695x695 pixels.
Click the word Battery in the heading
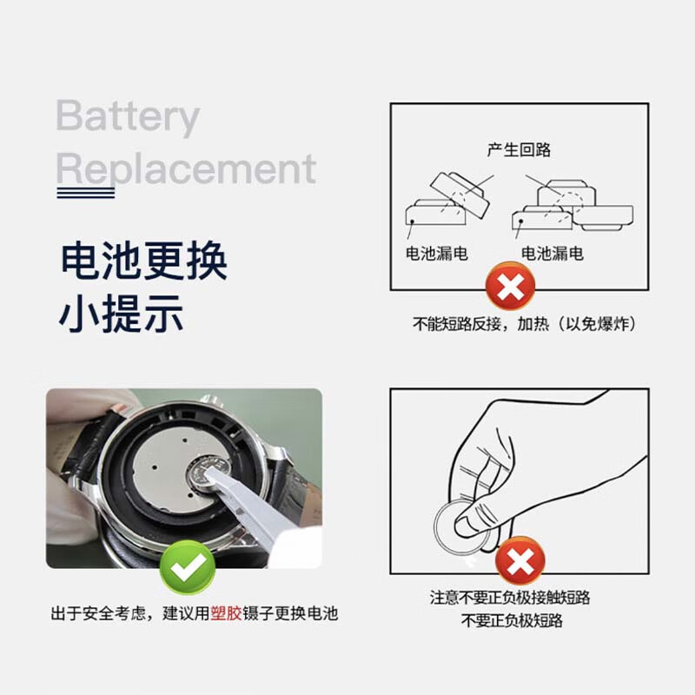[128, 117]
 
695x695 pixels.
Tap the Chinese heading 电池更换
[143, 261]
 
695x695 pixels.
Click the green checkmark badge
[187, 566]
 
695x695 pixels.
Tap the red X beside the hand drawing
[520, 561]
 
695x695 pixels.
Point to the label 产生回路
[519, 149]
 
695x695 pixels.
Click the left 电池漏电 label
[437, 254]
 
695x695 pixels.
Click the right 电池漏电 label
[553, 254]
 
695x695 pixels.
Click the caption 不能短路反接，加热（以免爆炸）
[526, 324]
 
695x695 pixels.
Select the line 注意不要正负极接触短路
[516, 599]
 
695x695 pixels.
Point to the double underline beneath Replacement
[85, 193]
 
